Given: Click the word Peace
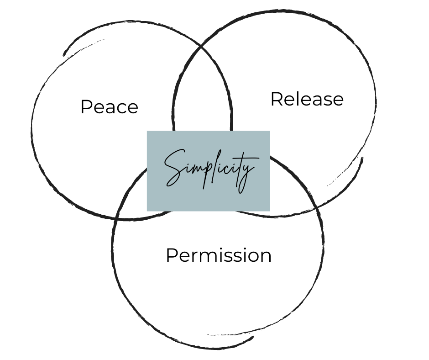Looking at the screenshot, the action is click(109, 107).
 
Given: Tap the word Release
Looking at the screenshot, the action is click(307, 99).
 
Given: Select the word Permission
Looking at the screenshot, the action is click(218, 255).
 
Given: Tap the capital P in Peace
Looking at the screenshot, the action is click(85, 107).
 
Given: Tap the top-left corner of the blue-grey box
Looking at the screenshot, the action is click(147, 132).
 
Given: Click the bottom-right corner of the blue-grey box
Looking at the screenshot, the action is click(269, 210).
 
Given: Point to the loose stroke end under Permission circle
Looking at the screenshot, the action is click(252, 338).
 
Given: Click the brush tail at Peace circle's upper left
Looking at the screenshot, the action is click(65, 54).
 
